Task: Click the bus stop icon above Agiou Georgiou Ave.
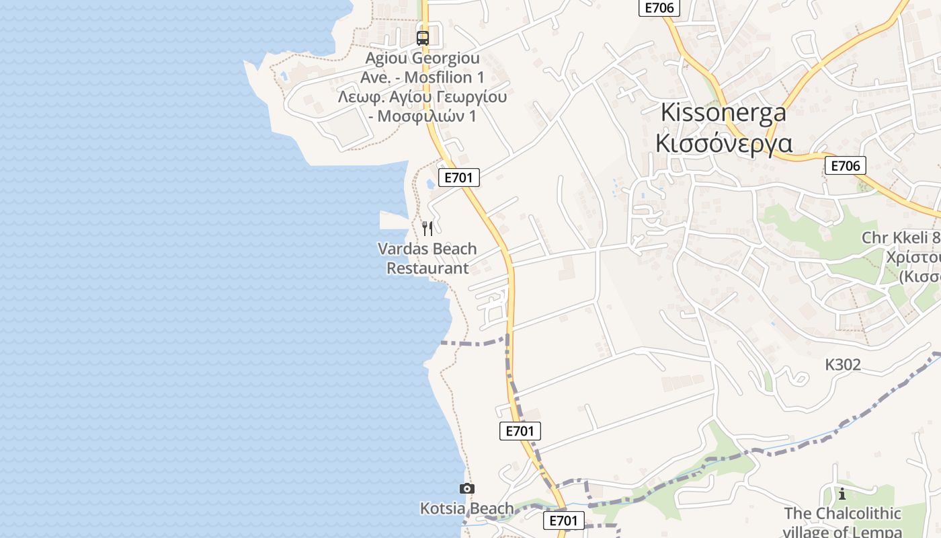coord(422,38)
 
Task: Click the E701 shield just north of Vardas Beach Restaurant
coord(460,178)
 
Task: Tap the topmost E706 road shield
coord(659,7)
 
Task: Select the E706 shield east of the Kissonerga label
coord(845,165)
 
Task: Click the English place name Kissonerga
coord(723,112)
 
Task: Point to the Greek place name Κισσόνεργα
coord(723,143)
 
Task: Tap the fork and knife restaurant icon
coord(427,229)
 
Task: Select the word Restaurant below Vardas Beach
coord(427,268)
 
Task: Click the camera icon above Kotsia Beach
coord(466,489)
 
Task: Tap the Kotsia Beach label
coord(466,508)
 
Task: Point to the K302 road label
coord(843,364)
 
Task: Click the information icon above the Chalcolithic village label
coord(842,495)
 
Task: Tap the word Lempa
coord(880,532)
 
